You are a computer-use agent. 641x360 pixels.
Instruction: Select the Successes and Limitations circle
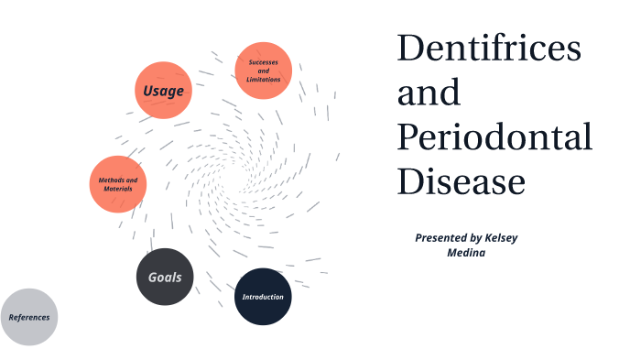264,71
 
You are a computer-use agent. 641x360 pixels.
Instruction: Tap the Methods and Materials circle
118,184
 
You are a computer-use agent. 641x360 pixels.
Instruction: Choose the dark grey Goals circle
165,277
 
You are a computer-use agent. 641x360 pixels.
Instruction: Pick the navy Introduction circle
263,297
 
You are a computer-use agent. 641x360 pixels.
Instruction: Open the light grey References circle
28,317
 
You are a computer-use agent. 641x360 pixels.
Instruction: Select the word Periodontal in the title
494,137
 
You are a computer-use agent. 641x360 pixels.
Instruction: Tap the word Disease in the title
461,181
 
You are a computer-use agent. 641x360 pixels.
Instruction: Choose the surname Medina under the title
467,253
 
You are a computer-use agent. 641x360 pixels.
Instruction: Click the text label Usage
163,91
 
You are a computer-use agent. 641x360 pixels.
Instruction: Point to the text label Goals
165,278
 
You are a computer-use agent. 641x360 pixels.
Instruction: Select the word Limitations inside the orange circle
264,80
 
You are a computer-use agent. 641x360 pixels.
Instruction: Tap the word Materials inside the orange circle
118,189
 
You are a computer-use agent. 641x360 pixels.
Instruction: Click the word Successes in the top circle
264,61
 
